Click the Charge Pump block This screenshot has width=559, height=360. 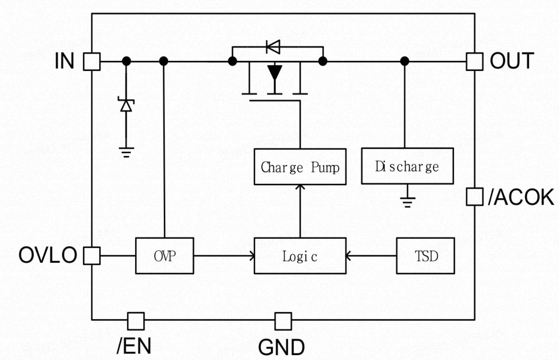(300, 167)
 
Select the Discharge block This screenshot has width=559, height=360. (407, 166)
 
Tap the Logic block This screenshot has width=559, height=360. (300, 256)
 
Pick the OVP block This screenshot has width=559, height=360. (165, 256)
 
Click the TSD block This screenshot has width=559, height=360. (426, 256)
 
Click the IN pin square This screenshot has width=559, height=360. (92, 61)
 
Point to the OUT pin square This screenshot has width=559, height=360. (475, 61)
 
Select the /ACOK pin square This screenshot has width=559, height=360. (475, 197)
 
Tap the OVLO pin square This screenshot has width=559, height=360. (92, 255)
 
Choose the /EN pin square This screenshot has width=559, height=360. (136, 321)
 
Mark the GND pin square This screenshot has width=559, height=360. (283, 321)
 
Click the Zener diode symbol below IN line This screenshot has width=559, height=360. (126, 106)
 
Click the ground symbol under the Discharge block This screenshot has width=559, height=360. (407, 201)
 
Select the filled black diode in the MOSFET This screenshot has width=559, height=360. (275, 73)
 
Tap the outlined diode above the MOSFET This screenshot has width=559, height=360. (273, 47)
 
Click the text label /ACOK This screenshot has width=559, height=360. (521, 198)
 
